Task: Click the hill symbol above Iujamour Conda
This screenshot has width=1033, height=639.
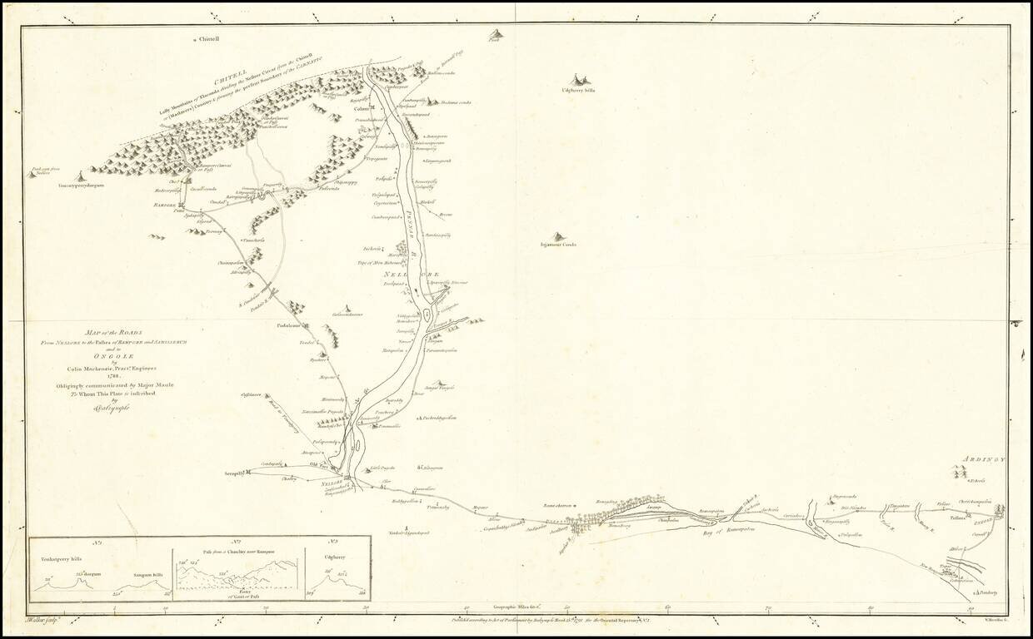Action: click(x=557, y=237)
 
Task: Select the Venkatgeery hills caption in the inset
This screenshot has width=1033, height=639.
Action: click(x=59, y=559)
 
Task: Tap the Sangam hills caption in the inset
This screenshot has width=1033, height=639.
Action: click(x=149, y=575)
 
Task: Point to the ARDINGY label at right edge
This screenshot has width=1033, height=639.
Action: click(x=986, y=459)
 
